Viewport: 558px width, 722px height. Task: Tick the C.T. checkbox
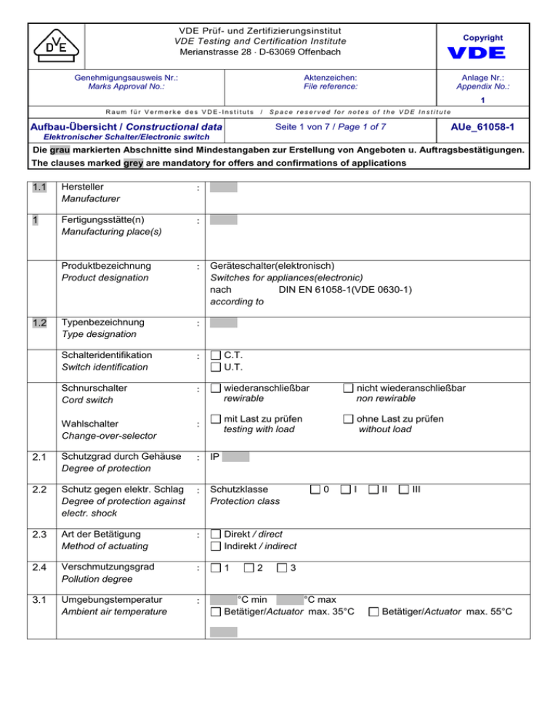tap(216, 356)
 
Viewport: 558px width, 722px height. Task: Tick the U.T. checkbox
tap(216, 368)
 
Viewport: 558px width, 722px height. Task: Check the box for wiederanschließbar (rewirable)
tap(216, 389)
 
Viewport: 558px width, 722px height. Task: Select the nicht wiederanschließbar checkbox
tap(349, 389)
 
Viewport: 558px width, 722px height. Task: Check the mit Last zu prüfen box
tap(216, 419)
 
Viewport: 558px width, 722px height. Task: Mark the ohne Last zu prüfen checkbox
tap(349, 419)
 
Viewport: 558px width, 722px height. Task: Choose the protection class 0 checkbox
tap(315, 491)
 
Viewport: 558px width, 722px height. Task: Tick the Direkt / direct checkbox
tap(216, 534)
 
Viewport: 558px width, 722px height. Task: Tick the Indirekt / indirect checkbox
tap(216, 546)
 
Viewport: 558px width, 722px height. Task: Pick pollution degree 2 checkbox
tap(249, 567)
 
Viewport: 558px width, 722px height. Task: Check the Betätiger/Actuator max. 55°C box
tap(373, 612)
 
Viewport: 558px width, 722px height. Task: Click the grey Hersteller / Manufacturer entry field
tap(223, 187)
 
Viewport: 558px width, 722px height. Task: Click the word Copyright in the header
tap(485, 38)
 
